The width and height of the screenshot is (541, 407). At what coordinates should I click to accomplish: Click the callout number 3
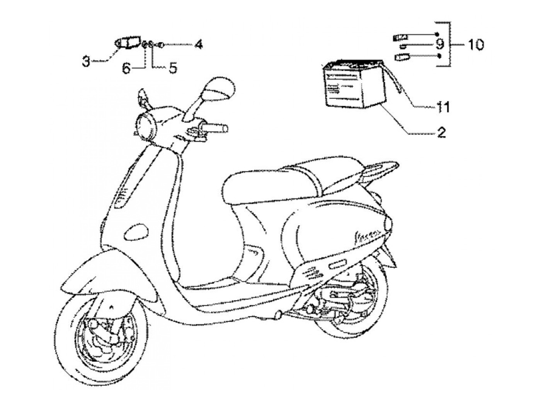(86, 61)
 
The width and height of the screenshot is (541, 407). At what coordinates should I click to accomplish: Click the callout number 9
(440, 44)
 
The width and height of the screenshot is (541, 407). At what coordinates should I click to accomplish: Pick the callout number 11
(443, 107)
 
